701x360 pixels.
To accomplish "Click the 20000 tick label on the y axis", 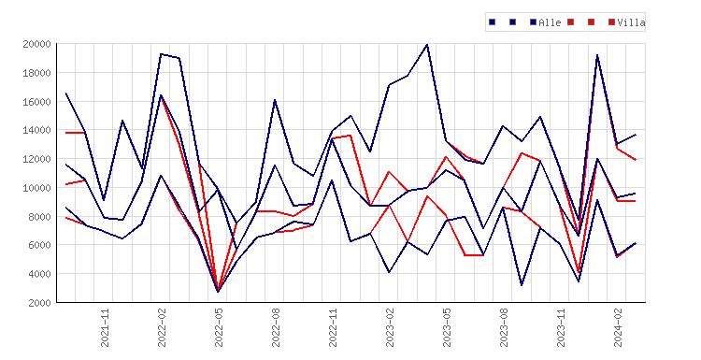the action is (x=36, y=44).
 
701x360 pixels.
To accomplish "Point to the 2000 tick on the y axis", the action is (x=39, y=303).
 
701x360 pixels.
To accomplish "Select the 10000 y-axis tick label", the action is (x=36, y=188).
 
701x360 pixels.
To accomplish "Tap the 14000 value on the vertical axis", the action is (x=36, y=130).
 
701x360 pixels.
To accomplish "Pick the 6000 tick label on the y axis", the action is (x=39, y=245).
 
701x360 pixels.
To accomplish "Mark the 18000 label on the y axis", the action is (x=36, y=73).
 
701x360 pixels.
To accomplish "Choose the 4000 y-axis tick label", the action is (x=39, y=274).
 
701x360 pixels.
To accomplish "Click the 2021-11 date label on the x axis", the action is (x=105, y=327).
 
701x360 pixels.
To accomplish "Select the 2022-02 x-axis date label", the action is (x=162, y=327).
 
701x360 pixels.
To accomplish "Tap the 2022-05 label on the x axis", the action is (x=219, y=327).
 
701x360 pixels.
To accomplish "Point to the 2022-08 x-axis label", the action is (x=276, y=327).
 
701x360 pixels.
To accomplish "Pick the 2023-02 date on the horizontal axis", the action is (x=390, y=327).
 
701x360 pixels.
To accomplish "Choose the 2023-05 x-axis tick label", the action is (x=447, y=327).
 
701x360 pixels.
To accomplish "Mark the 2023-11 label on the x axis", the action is (x=561, y=327).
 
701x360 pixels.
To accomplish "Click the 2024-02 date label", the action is (x=618, y=327).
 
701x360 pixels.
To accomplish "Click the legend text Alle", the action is (x=550, y=22).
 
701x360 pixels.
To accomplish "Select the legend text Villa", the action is (x=631, y=22).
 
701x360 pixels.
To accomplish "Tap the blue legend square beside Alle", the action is (x=533, y=22).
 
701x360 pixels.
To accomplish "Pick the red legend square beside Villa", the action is (x=611, y=22).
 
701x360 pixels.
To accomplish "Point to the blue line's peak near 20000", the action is (x=427, y=45).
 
